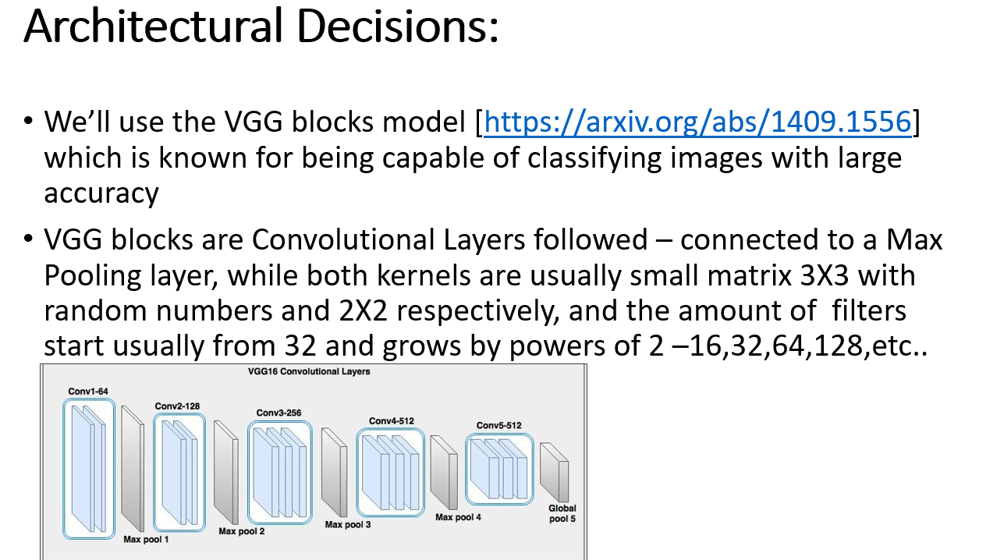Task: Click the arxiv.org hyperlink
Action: [x=697, y=122]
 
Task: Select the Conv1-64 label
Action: [x=87, y=391]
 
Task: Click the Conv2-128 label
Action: [x=178, y=406]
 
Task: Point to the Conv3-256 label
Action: [x=279, y=413]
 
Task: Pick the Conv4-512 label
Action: [x=392, y=421]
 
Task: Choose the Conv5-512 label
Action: [x=498, y=426]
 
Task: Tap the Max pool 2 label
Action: [x=241, y=531]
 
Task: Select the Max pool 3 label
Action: [x=347, y=524]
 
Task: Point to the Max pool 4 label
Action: [x=458, y=517]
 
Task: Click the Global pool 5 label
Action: [x=562, y=513]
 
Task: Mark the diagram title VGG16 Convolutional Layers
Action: [x=308, y=371]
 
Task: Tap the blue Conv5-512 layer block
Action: [x=499, y=468]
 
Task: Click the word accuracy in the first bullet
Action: [x=101, y=193]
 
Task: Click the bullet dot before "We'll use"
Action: [x=29, y=122]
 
